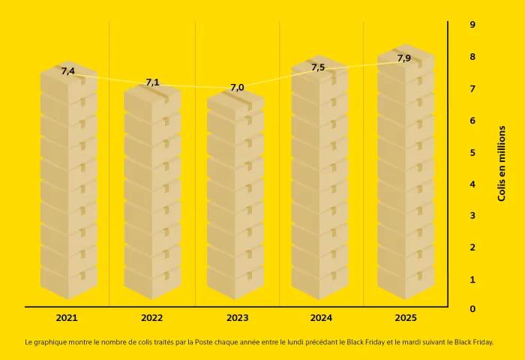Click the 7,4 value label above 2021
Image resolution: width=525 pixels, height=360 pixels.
(x=67, y=71)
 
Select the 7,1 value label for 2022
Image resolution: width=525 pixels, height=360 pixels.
(x=152, y=82)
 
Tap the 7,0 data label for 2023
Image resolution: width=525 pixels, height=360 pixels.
(x=237, y=88)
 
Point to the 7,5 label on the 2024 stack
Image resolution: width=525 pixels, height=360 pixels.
(x=318, y=67)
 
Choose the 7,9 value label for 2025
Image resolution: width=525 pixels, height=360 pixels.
(x=403, y=58)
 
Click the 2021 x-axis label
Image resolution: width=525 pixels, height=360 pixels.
(x=67, y=318)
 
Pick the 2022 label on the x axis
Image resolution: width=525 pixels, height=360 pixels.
(x=151, y=318)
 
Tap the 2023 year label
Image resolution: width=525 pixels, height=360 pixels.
(x=236, y=318)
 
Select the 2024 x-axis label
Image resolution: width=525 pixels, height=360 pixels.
(x=321, y=318)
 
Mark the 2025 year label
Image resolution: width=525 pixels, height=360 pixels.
(x=406, y=318)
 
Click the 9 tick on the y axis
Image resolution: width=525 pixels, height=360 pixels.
(x=472, y=25)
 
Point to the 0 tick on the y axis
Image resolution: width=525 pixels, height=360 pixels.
(x=472, y=309)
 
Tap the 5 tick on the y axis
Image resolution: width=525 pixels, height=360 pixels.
(x=472, y=153)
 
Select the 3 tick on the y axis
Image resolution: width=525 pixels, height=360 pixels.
(x=472, y=216)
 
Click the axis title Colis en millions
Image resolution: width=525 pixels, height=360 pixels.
(x=502, y=163)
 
